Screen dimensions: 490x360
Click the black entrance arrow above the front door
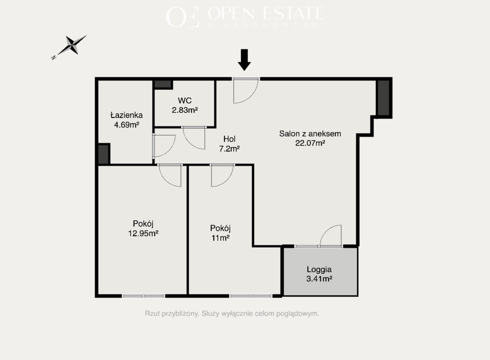(x=245, y=60)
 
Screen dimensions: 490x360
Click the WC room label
(x=185, y=101)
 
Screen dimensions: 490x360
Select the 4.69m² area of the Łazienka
(x=126, y=125)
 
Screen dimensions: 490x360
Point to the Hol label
(x=229, y=139)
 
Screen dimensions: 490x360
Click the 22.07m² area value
(x=310, y=143)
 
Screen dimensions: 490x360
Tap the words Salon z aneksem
(x=310, y=134)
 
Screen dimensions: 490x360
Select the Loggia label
(x=319, y=270)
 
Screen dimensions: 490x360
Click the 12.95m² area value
(x=143, y=233)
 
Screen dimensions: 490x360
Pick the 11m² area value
(x=221, y=238)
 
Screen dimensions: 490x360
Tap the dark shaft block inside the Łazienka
(x=103, y=154)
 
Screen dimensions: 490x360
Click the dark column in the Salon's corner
(x=383, y=98)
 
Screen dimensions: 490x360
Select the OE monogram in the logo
(x=182, y=17)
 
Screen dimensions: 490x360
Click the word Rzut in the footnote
(x=152, y=314)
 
